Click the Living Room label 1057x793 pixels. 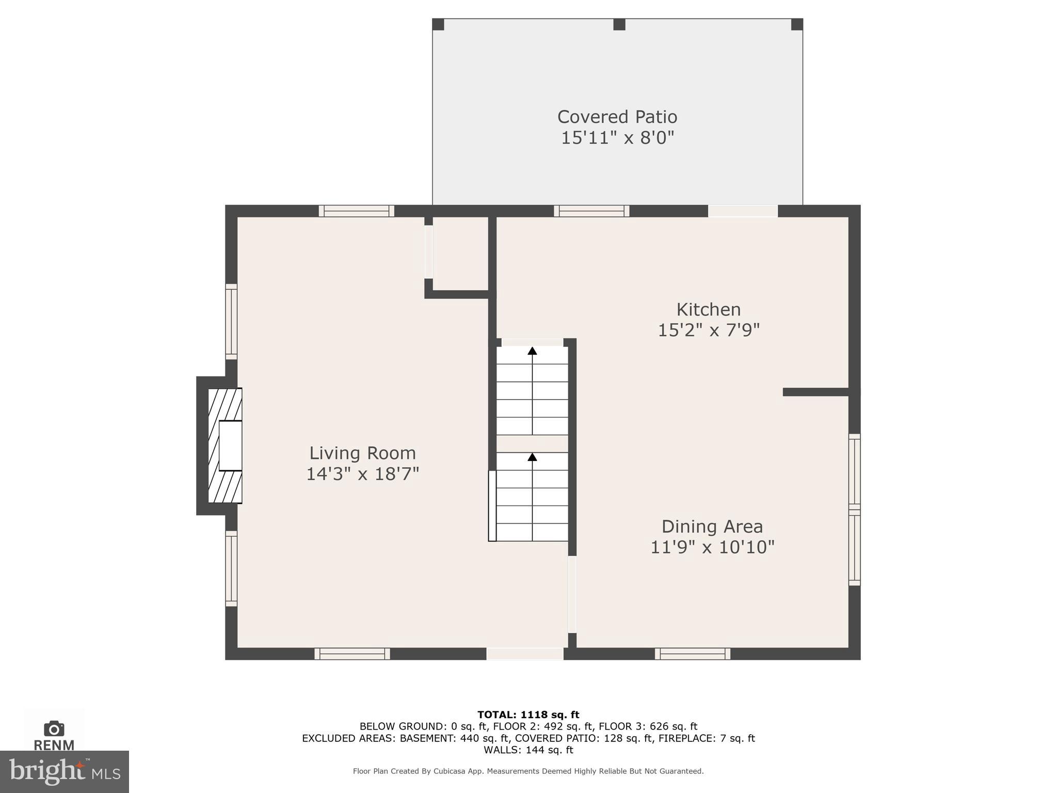(x=362, y=453)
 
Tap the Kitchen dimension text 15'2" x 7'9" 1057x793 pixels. (x=708, y=330)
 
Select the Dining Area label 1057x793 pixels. (x=712, y=526)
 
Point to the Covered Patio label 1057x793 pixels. (x=617, y=117)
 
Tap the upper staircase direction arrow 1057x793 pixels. (x=532, y=351)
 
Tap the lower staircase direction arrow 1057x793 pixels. (x=532, y=457)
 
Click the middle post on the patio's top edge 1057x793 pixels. (x=619, y=24)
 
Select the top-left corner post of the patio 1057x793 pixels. (x=438, y=24)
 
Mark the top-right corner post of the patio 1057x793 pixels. (x=797, y=24)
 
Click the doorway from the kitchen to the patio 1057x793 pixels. (x=742, y=211)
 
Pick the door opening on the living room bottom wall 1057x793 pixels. (x=524, y=654)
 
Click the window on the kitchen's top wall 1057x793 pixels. (x=591, y=211)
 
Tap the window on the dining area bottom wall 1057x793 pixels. (x=692, y=654)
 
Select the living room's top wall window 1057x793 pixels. (x=356, y=211)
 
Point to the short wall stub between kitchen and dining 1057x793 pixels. (x=815, y=392)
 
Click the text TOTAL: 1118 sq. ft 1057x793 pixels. (x=528, y=715)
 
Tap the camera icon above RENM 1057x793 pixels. (x=54, y=728)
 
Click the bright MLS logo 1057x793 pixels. (x=64, y=771)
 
